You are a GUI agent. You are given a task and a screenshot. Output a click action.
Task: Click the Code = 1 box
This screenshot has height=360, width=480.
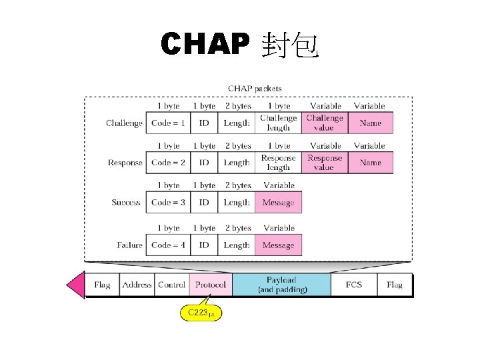tap(168, 123)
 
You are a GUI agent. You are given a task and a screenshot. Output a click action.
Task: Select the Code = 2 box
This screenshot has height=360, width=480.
tap(168, 163)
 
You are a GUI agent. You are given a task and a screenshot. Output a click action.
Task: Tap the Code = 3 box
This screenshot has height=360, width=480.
tap(168, 203)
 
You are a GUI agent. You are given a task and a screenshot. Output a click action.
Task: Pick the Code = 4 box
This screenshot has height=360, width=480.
tap(168, 245)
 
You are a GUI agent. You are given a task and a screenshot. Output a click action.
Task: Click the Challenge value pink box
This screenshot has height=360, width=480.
tap(325, 123)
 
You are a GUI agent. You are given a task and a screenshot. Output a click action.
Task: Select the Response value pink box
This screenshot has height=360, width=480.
tap(325, 163)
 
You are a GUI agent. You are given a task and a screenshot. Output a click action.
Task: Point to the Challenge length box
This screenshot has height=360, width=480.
tap(278, 123)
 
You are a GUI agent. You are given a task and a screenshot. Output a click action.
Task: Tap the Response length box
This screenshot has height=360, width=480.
tap(278, 163)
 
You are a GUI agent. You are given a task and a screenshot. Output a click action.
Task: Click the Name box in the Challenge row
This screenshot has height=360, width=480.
tap(370, 123)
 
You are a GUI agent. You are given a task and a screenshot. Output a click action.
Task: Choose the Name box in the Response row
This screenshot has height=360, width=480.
tap(370, 163)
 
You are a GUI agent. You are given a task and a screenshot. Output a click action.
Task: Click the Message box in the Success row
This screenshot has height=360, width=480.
tap(278, 203)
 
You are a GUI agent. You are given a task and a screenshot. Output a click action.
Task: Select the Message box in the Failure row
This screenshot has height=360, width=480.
tap(278, 245)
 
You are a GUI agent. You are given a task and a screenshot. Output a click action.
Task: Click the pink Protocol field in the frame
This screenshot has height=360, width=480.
tap(210, 285)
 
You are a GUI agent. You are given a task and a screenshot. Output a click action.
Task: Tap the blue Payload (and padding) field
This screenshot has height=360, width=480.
tap(281, 285)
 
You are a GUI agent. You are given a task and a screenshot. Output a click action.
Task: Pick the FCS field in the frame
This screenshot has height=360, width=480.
tap(353, 285)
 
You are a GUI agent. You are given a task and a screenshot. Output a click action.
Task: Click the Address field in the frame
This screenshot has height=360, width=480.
tap(137, 285)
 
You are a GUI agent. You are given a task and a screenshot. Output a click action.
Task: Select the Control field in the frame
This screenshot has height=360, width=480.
tap(172, 285)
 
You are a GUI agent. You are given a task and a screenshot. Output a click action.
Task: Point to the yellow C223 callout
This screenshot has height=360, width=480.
tap(200, 312)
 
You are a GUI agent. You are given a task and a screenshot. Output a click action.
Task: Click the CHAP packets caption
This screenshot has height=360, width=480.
tap(255, 88)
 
